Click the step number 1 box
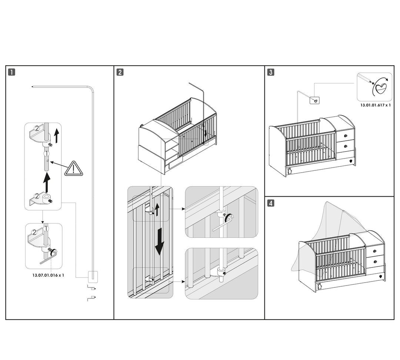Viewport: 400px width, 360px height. [x=12, y=72]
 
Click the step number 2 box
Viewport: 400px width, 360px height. [x=120, y=72]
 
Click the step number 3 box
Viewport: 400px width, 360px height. [x=271, y=72]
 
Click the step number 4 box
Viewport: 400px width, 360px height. [x=271, y=203]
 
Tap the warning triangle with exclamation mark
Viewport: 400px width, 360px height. [x=73, y=169]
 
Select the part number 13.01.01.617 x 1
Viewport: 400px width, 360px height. [x=376, y=105]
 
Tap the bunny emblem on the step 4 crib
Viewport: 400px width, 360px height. [x=320, y=286]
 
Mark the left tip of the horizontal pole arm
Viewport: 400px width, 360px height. [x=33, y=87]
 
